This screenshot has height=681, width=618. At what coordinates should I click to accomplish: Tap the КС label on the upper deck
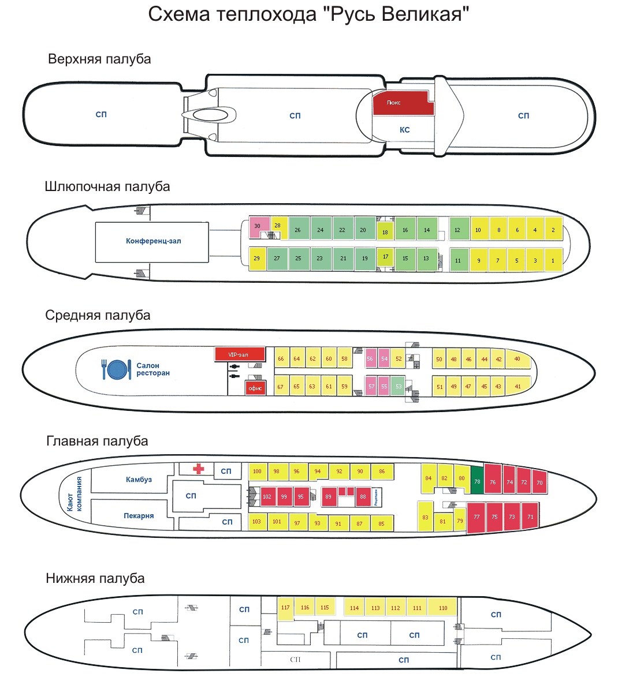tap(404, 130)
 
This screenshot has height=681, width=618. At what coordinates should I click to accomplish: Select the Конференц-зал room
tap(153, 241)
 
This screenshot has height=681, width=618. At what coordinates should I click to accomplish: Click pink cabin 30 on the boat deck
tap(257, 226)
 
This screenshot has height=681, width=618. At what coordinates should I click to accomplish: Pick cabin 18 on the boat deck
tap(385, 233)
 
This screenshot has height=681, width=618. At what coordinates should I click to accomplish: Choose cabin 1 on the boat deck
tap(553, 260)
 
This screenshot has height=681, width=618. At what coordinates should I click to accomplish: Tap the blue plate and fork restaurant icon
tap(116, 369)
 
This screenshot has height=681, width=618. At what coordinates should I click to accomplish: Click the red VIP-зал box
tap(239, 354)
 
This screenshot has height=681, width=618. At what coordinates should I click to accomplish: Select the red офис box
tap(255, 388)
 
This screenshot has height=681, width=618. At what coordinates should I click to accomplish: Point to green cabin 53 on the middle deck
tap(398, 387)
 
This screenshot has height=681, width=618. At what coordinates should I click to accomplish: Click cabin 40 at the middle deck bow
tap(518, 359)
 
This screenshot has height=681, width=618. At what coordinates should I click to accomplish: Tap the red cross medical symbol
tap(198, 469)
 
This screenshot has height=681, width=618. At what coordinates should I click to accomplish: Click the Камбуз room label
tap(139, 480)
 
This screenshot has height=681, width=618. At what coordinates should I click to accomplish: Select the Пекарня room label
tap(139, 516)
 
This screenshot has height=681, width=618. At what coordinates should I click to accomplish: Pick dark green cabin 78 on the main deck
tap(477, 482)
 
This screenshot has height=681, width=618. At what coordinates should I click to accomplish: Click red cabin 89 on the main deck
tap(329, 496)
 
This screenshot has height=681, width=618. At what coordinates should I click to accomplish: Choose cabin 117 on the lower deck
tap(285, 608)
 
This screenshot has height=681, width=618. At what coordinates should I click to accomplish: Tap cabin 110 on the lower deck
tap(443, 608)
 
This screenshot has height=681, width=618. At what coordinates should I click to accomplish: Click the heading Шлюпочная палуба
tap(107, 186)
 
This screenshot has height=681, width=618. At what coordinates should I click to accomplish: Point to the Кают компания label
tap(75, 494)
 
